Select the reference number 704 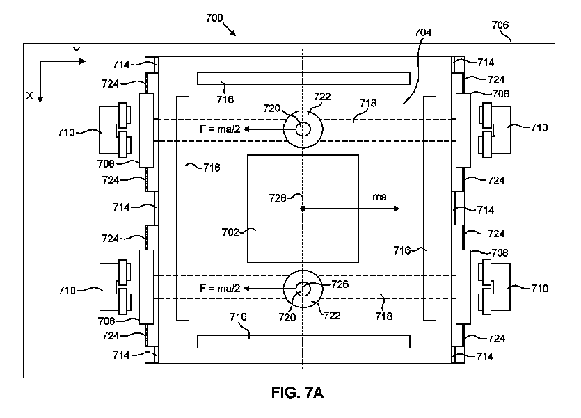tap(422, 33)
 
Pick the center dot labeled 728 tap(303, 208)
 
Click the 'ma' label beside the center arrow tap(380, 199)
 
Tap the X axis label tap(29, 97)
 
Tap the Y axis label tap(77, 51)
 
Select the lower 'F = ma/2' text tap(220, 288)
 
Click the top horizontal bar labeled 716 tap(303, 77)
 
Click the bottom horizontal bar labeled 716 tap(303, 341)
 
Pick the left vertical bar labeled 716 tap(182, 208)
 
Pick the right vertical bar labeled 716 tap(429, 208)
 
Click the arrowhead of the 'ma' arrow tap(396, 208)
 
